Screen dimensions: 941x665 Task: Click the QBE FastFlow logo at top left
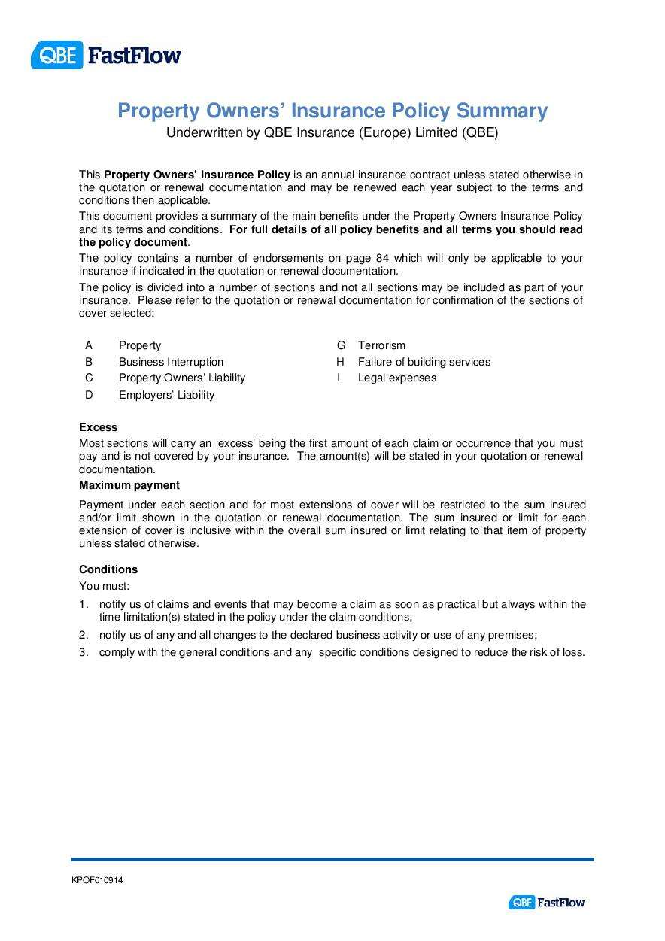point(106,55)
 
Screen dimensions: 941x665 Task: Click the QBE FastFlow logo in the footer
point(546,902)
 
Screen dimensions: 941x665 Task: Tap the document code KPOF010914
point(97,880)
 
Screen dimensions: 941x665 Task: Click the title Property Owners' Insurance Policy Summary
point(332,111)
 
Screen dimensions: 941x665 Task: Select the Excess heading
point(99,427)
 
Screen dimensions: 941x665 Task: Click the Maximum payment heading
point(129,485)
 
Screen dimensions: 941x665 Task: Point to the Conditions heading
point(108,569)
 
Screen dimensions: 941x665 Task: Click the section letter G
point(341,345)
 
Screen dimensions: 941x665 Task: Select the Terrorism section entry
point(381,345)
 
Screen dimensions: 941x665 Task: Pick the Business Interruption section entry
point(171,362)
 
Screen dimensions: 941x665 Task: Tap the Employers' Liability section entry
point(166,395)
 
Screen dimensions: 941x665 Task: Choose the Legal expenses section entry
point(397,378)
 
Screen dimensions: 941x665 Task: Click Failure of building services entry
point(424,362)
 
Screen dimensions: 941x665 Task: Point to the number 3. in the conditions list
point(84,652)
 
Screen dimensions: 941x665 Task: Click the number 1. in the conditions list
point(84,604)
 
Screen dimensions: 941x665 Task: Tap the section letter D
point(89,395)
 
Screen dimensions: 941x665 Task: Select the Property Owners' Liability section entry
point(182,378)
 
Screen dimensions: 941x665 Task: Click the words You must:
point(105,586)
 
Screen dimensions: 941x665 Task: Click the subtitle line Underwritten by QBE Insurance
point(332,133)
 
